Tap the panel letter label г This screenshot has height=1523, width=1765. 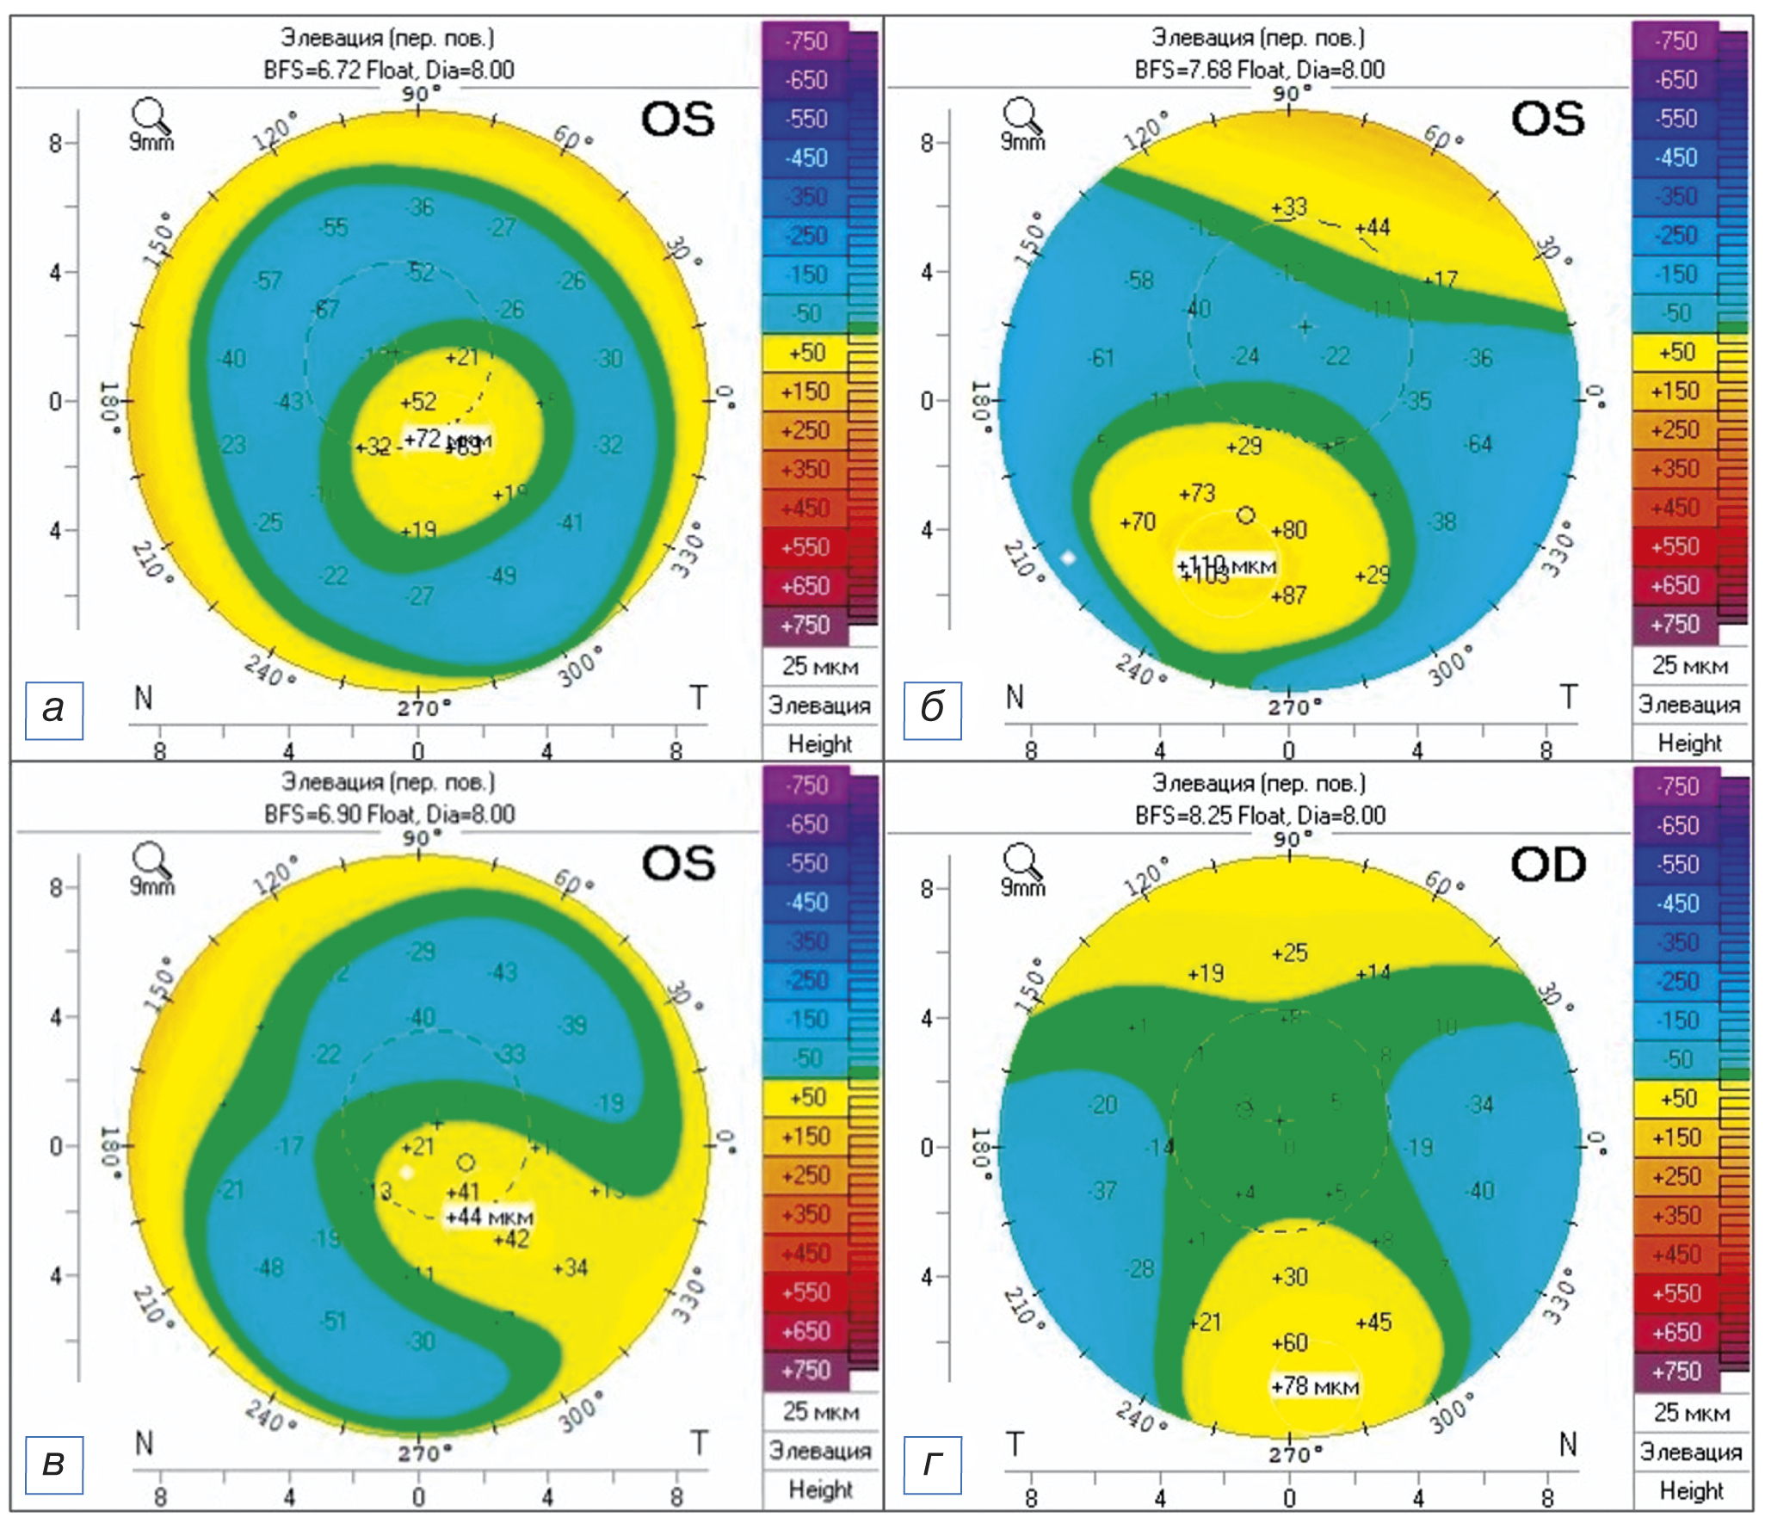pos(932,1463)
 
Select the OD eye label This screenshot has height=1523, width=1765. pos(1547,865)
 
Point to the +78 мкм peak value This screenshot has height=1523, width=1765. pos(1314,1386)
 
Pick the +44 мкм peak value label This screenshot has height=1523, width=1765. pos(489,1217)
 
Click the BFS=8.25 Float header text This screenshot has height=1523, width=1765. pos(1260,815)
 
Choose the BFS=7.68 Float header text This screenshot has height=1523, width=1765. pos(1259,70)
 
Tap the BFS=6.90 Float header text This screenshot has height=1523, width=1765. pos(389,814)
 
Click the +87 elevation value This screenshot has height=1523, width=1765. pos(1288,595)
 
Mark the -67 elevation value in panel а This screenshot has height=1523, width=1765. pos(326,309)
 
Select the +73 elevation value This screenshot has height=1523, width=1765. pos(1196,493)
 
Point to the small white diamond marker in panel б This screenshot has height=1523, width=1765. pos(1068,558)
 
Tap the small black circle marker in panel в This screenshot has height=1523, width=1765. pos(466,1162)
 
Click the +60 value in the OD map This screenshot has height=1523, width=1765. pos(1289,1341)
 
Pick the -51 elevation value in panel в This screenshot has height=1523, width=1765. pos(332,1320)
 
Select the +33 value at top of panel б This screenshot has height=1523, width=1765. pos(1288,207)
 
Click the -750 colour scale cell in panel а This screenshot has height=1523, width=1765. pos(805,40)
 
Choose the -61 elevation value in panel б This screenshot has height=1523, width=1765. pos(1101,358)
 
